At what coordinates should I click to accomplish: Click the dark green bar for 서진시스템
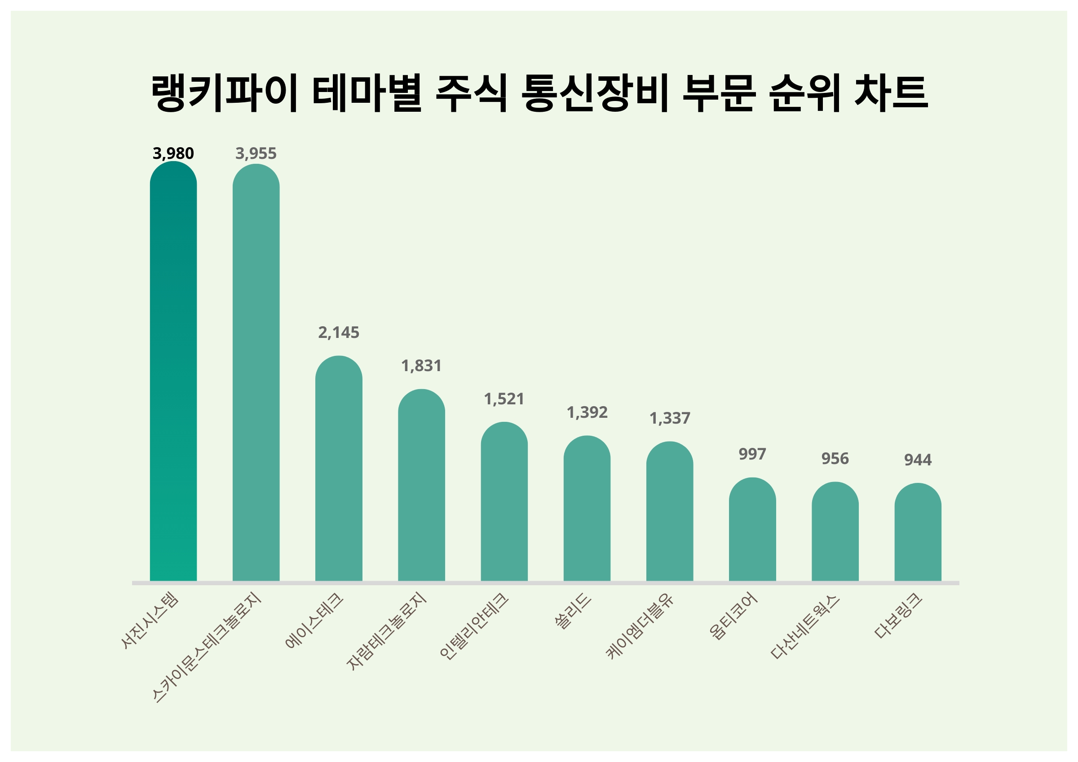point(173,371)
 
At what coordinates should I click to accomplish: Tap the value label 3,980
point(173,153)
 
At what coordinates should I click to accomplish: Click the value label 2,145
point(339,333)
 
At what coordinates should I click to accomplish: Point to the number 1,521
point(504,399)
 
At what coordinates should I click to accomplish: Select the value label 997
point(752,454)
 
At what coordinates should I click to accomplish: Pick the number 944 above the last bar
point(918,460)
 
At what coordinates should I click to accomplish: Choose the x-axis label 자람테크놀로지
point(386,631)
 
